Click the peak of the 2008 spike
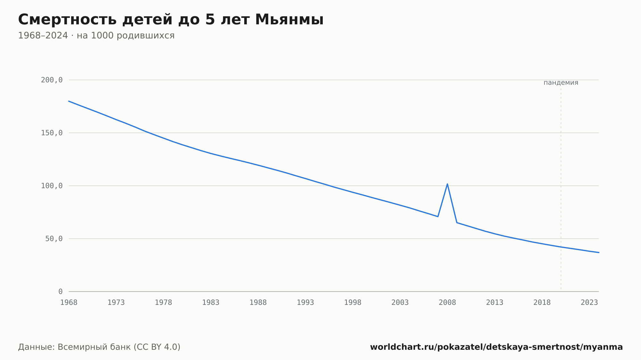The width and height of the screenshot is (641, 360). tap(447, 184)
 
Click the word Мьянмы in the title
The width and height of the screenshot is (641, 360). tap(289, 20)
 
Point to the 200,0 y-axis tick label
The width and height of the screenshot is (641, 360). tap(52, 80)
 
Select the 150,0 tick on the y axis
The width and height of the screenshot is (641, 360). tap(52, 133)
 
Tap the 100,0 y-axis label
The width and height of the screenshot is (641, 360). tap(52, 186)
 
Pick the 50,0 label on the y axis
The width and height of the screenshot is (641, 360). tap(54, 239)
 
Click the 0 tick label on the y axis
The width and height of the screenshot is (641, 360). tap(61, 291)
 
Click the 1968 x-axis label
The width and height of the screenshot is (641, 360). tap(69, 303)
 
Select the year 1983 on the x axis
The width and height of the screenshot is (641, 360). tap(211, 303)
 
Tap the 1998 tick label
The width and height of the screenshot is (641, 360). tap(353, 303)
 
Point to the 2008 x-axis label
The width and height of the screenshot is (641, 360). tap(447, 303)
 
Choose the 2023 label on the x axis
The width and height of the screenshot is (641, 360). tap(589, 303)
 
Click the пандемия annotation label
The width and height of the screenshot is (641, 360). tap(561, 83)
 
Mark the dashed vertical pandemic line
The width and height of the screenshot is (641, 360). tap(561, 189)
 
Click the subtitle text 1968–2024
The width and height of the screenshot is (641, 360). tap(43, 36)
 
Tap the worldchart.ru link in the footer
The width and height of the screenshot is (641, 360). tap(496, 347)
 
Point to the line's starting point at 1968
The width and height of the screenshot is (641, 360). tap(69, 101)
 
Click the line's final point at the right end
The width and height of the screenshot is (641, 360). tap(598, 252)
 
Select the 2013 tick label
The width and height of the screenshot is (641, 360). tap(495, 303)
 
